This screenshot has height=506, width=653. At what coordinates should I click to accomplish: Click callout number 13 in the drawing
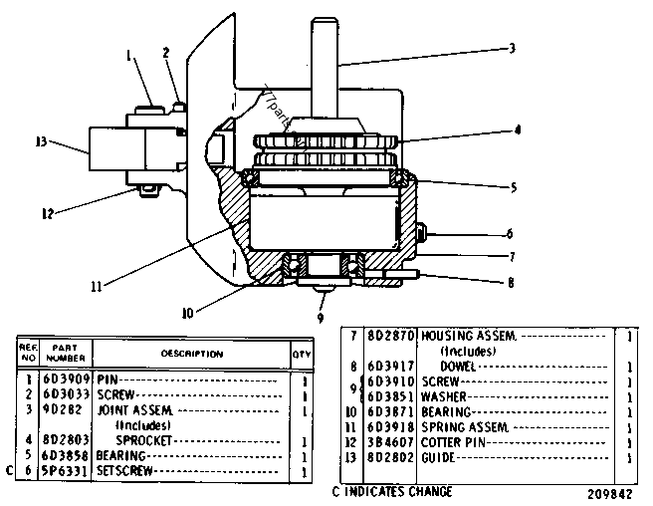[41, 142]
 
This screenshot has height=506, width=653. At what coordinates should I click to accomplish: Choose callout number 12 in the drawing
[47, 211]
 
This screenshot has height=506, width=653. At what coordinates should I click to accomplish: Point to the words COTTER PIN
[453, 441]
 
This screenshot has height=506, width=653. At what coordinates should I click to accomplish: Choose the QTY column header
[301, 353]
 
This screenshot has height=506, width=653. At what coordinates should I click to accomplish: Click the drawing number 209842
[608, 492]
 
